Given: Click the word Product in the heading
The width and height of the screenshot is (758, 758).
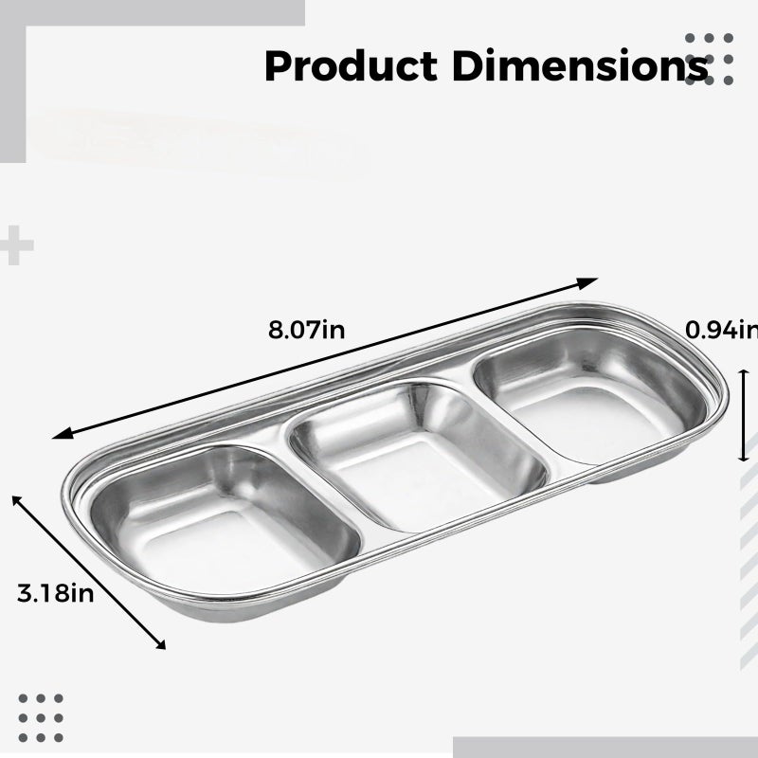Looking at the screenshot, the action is (351, 65).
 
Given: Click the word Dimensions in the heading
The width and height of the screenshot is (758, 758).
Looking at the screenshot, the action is (580, 65).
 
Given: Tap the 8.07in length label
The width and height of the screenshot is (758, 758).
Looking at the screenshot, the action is (306, 330).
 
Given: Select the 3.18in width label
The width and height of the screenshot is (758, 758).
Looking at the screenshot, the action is (55, 593).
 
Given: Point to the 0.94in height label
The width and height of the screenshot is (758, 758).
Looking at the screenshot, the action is (721, 330).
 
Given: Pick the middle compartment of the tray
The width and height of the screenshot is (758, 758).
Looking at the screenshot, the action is (419, 457).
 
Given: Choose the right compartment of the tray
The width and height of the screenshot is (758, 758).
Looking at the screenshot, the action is (590, 395).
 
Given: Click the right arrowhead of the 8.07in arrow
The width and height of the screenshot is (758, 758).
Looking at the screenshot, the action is (588, 282).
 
